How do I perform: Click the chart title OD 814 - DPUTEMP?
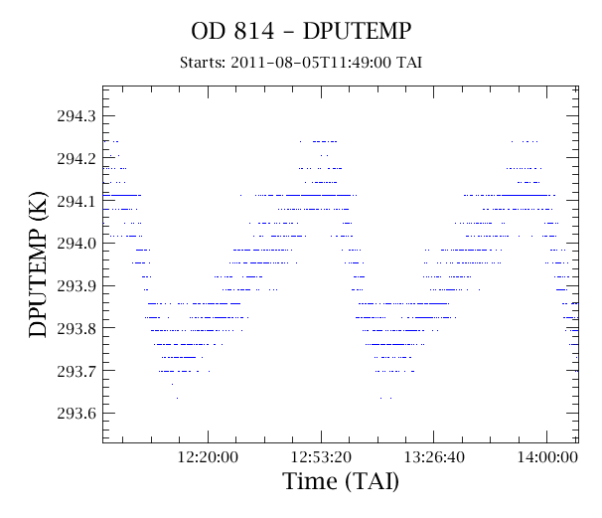click(x=301, y=31)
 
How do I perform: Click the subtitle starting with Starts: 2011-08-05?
click(x=301, y=63)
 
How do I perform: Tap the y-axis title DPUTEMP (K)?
click(x=38, y=264)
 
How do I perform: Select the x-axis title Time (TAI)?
click(x=341, y=481)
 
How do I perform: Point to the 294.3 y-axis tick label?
click(x=76, y=115)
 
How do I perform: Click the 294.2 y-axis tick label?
click(x=76, y=158)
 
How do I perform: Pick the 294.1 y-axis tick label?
click(x=76, y=201)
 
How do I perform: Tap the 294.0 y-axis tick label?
click(x=76, y=243)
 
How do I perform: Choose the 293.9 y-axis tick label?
click(x=76, y=285)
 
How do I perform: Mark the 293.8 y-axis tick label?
click(x=76, y=328)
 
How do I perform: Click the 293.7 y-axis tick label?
click(x=76, y=371)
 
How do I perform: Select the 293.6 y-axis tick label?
click(x=76, y=413)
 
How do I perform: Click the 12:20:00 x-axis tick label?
click(x=208, y=457)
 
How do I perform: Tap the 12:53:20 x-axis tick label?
click(x=321, y=457)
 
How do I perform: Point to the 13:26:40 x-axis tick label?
click(x=434, y=457)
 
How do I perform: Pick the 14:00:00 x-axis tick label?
click(x=547, y=457)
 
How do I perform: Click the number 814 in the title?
click(x=254, y=31)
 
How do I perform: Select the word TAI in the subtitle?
click(x=409, y=63)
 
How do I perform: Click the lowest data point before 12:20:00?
click(x=177, y=398)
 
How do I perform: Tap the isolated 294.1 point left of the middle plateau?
click(x=240, y=195)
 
